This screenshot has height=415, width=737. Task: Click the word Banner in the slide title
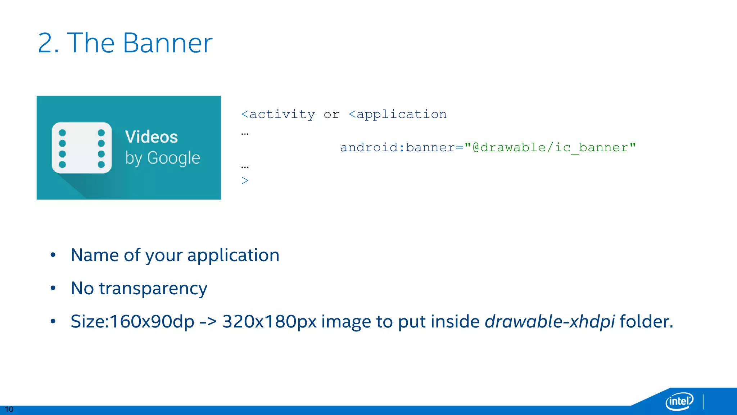[x=167, y=43]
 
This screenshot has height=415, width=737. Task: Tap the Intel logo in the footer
[x=679, y=401]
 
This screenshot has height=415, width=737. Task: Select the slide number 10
[x=9, y=409]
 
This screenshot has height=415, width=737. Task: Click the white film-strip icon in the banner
[x=82, y=148]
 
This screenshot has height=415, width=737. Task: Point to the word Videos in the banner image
[x=152, y=137]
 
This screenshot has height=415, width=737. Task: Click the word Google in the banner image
[x=173, y=158]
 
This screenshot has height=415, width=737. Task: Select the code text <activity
[x=278, y=115]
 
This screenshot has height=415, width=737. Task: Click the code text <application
[x=398, y=115]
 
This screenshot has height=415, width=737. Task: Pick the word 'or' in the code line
[x=331, y=115]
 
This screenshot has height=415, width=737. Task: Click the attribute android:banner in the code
[x=397, y=148]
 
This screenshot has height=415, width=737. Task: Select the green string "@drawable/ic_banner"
[x=550, y=148]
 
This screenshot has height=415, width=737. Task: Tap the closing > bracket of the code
[x=245, y=180]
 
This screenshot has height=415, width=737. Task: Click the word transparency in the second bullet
[x=153, y=289]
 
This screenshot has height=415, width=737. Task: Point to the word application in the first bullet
[x=233, y=255]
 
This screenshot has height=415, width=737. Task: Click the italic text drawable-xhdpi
[x=550, y=322]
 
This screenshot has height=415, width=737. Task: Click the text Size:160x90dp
[x=132, y=322]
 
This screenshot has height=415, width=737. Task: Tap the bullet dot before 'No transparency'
[x=53, y=288]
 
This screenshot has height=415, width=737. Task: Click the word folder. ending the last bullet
[x=646, y=322]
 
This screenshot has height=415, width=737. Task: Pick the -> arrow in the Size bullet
[x=208, y=322]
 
